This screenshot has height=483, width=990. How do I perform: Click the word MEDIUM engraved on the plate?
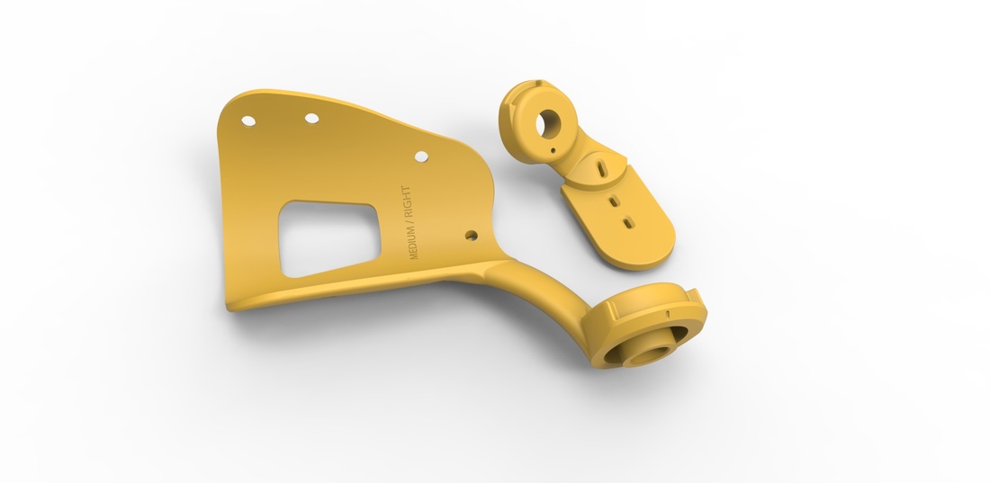point(414,241)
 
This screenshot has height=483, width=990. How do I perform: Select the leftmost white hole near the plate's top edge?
point(248,121)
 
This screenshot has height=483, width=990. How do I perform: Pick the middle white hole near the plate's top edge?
point(312,118)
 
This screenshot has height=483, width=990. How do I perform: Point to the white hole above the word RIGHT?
point(421,157)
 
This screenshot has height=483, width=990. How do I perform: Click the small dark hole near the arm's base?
point(471,236)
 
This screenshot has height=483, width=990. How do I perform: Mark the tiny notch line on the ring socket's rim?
point(668,314)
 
